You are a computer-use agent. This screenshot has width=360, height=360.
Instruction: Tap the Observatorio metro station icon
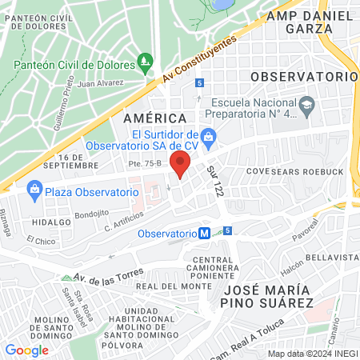click(206, 233)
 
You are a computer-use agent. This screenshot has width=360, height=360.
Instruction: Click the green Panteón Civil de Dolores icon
click(145, 60)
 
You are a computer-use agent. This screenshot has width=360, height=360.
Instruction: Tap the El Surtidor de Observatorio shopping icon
click(208, 136)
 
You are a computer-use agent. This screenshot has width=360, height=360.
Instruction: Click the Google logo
click(26, 350)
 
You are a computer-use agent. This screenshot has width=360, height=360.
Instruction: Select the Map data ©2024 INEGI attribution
click(311, 354)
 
